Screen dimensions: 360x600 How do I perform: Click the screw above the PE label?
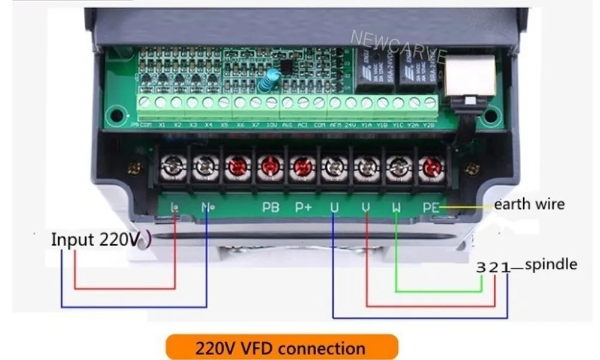coord(430,166)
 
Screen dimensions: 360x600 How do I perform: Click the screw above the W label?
coord(397,166)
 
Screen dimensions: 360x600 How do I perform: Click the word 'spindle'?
coord(551,264)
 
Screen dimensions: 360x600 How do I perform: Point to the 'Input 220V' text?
coord(96,239)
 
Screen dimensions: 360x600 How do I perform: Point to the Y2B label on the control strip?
coord(429,125)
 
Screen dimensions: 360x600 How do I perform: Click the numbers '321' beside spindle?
coord(492,267)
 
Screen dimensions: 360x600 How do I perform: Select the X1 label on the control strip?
coord(162,125)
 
